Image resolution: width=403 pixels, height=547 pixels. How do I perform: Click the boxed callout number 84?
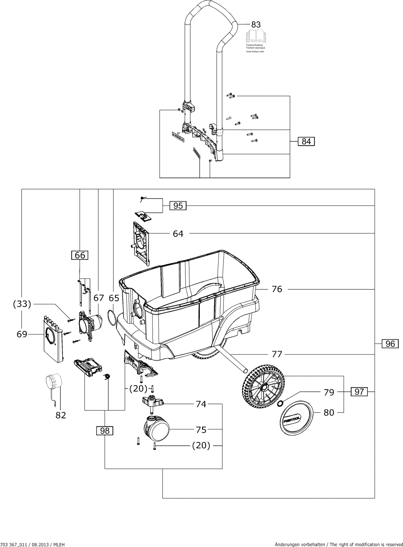point(306,141)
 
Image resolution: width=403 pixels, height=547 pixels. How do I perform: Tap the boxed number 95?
point(178,206)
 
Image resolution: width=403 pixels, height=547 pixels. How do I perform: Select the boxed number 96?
point(390,344)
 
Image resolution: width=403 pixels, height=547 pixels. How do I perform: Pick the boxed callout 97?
point(359,392)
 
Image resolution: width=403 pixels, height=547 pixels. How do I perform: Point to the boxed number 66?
point(80,256)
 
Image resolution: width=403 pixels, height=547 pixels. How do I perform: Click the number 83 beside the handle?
point(256,24)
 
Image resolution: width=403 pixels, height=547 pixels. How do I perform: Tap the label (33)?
point(22,304)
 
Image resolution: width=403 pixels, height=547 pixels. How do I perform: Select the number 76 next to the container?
point(277,289)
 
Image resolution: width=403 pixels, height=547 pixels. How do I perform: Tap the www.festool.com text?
point(255,51)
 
